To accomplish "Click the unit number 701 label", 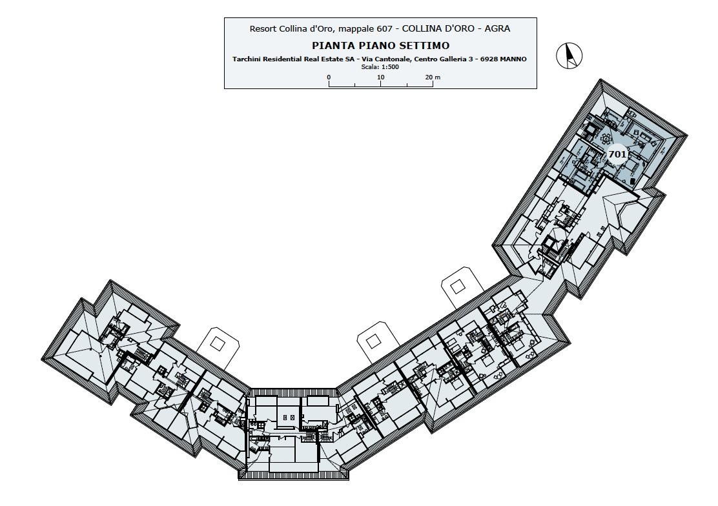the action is (617, 154).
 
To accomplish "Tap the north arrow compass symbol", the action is (569, 56).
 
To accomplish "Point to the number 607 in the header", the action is (384, 28).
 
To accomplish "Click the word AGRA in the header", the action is (498, 28).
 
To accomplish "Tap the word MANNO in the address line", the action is (513, 59).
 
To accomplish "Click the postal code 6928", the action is (489, 59).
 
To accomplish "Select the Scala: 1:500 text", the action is (380, 67).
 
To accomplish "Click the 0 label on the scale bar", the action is (329, 77).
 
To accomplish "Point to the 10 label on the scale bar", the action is (381, 77).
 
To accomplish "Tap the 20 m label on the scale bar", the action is (433, 77).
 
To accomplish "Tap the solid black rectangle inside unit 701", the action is (632, 181).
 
